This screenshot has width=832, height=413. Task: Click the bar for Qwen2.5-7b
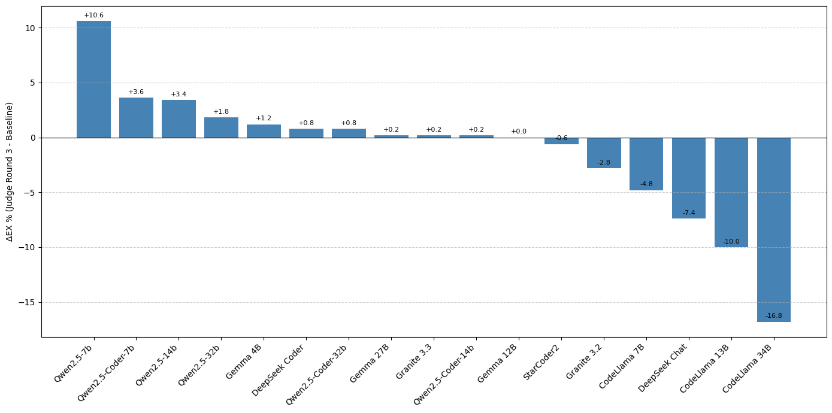(x=93, y=79)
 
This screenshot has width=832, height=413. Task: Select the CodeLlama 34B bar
(x=773, y=229)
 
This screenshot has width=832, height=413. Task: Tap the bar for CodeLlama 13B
(x=731, y=192)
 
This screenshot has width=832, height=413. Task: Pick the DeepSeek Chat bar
(x=688, y=178)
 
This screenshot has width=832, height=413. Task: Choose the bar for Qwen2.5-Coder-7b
(x=136, y=118)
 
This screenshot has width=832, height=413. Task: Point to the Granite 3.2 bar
(x=603, y=153)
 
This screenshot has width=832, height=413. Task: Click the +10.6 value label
(x=93, y=16)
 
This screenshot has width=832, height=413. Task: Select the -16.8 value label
(x=773, y=316)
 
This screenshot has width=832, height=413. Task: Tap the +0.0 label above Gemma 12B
(x=518, y=132)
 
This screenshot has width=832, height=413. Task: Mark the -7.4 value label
(x=688, y=213)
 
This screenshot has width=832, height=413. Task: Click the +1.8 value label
(x=221, y=112)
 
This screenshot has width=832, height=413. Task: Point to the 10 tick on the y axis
(x=30, y=28)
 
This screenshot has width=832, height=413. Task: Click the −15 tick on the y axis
(x=28, y=302)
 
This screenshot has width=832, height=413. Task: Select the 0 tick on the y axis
(x=33, y=138)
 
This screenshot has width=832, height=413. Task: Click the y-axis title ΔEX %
(x=10, y=172)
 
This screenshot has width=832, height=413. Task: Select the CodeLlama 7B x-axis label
(x=621, y=366)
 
